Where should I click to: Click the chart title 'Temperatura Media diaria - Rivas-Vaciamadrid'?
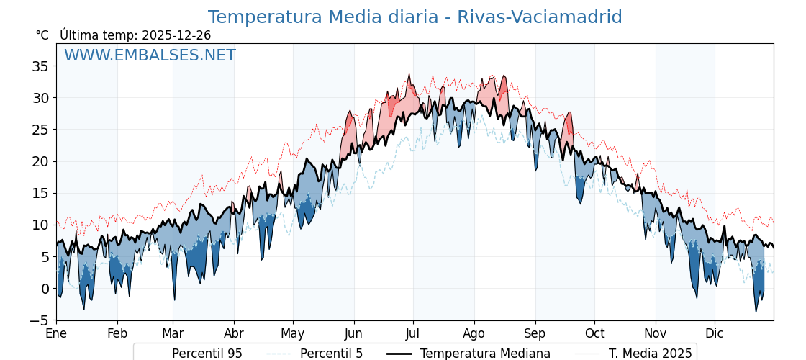point(415,17)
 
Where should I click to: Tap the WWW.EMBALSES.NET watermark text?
point(150,55)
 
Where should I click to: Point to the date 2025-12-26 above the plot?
point(176,35)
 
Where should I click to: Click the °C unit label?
point(42,35)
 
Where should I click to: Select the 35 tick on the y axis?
point(41,66)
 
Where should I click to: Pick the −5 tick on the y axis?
point(41,320)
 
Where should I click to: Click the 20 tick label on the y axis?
point(41,161)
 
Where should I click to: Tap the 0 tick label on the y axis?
point(45,289)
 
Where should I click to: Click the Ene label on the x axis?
point(56,334)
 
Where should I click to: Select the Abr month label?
point(234,334)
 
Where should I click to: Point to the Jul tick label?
point(413,334)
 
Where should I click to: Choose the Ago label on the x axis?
point(474,334)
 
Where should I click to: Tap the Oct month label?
point(594,334)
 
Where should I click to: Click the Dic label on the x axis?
point(715,334)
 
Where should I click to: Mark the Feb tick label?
point(117,334)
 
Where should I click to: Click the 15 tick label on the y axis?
point(41,193)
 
